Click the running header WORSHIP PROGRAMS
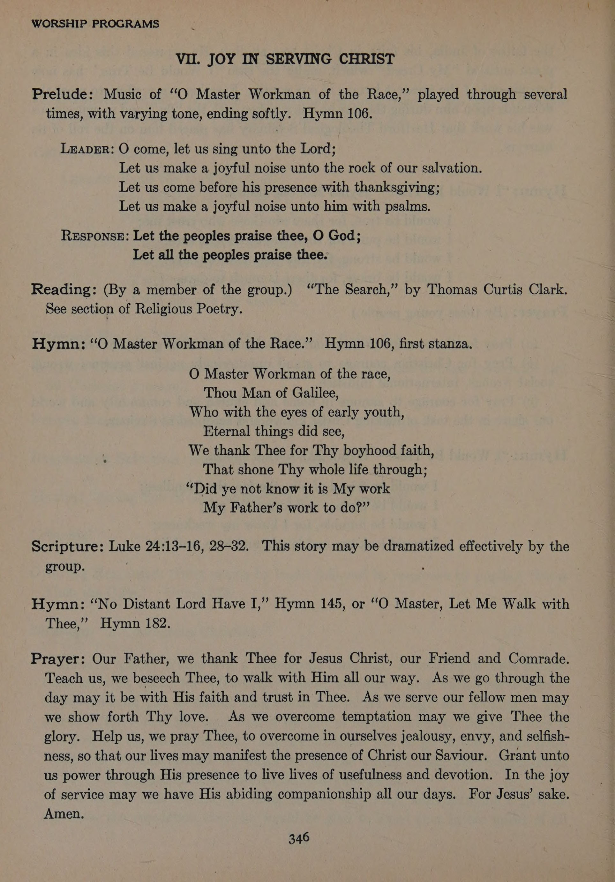[95, 24]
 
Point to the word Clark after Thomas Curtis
[547, 289]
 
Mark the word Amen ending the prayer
[64, 813]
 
